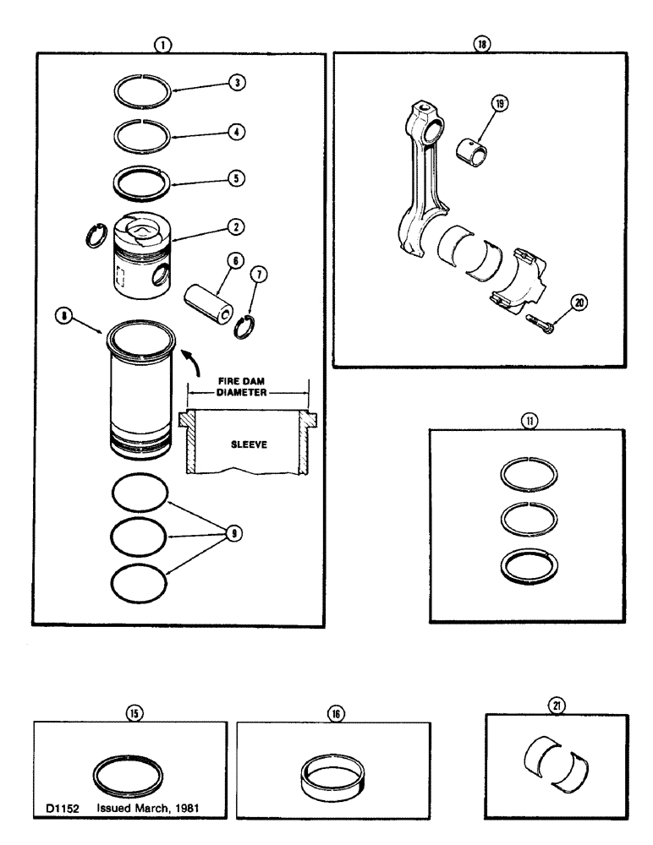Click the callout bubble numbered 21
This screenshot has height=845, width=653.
click(560, 703)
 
